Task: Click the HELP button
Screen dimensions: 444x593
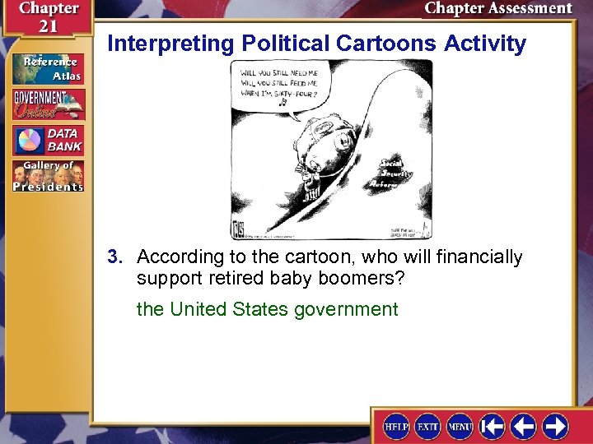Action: pyautogui.click(x=397, y=426)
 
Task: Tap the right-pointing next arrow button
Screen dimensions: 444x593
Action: pyautogui.click(x=554, y=426)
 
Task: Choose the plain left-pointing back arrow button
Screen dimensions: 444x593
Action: pyautogui.click(x=523, y=426)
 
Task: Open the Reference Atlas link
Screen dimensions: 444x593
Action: pyautogui.click(x=48, y=68)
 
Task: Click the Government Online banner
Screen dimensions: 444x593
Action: pyautogui.click(x=48, y=104)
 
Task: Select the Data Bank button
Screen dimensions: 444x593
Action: pyautogui.click(x=48, y=140)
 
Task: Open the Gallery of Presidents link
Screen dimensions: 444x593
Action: pyautogui.click(x=48, y=175)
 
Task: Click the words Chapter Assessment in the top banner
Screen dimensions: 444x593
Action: pyautogui.click(x=497, y=9)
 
